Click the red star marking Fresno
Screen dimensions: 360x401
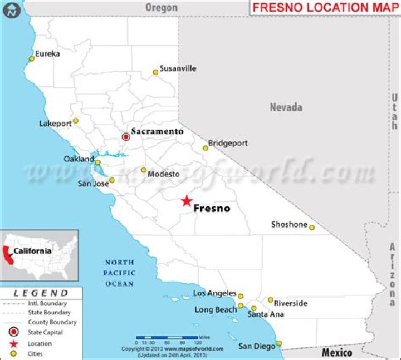pyautogui.click(x=187, y=201)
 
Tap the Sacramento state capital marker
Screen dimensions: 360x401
pyautogui.click(x=126, y=136)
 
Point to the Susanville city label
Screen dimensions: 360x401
pyautogui.click(x=178, y=68)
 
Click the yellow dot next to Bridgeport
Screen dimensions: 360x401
pyautogui.click(x=206, y=148)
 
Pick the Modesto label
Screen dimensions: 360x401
pyautogui.click(x=164, y=174)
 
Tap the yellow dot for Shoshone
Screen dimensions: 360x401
pyautogui.click(x=312, y=227)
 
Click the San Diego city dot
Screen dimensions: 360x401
pyautogui.click(x=279, y=343)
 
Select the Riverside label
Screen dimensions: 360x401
pyautogui.click(x=291, y=303)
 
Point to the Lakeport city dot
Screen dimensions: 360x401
pyautogui.click(x=76, y=121)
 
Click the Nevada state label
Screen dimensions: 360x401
pyautogui.click(x=286, y=107)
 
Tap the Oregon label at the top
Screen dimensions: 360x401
pyautogui.click(x=162, y=7)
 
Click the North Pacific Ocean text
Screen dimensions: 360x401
pyautogui.click(x=119, y=273)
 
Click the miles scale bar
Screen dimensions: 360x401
pyautogui.click(x=167, y=337)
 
